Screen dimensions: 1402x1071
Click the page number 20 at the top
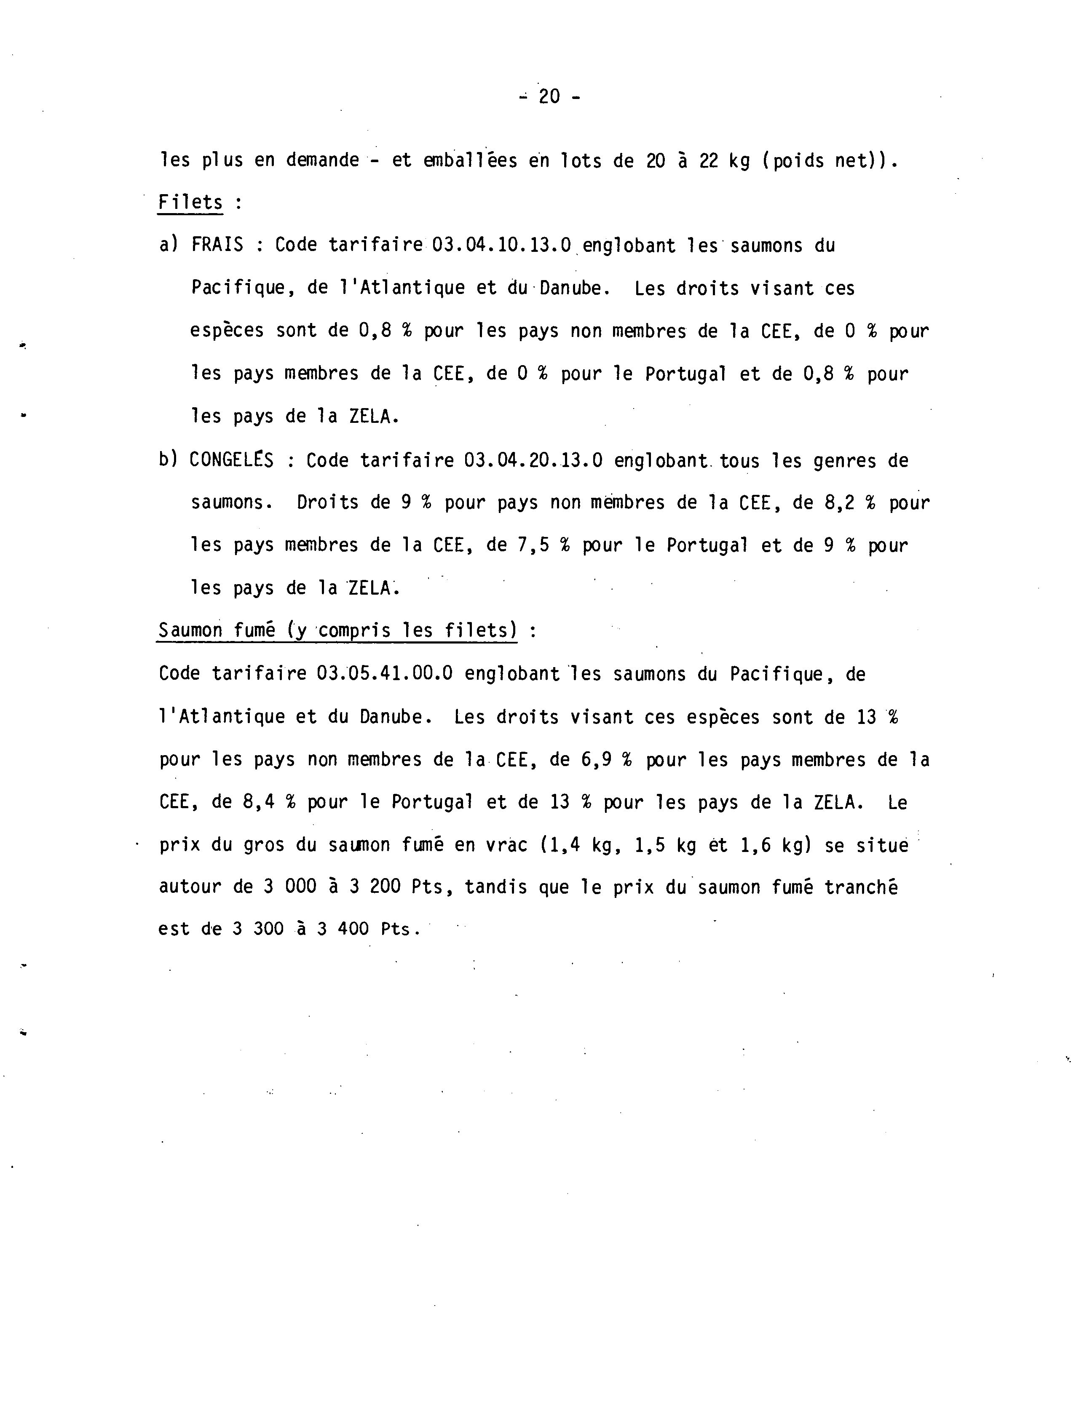pos(549,97)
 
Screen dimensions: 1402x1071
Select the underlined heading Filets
pos(190,203)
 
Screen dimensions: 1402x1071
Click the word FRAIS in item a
pos(217,246)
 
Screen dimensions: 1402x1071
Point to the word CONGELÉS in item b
pos(231,460)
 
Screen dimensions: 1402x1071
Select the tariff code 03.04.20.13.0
pos(533,460)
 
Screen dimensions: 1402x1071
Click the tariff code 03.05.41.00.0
pos(384,673)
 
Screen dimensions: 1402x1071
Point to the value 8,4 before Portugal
pos(258,802)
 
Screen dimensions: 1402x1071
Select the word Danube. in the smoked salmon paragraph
pos(395,717)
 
